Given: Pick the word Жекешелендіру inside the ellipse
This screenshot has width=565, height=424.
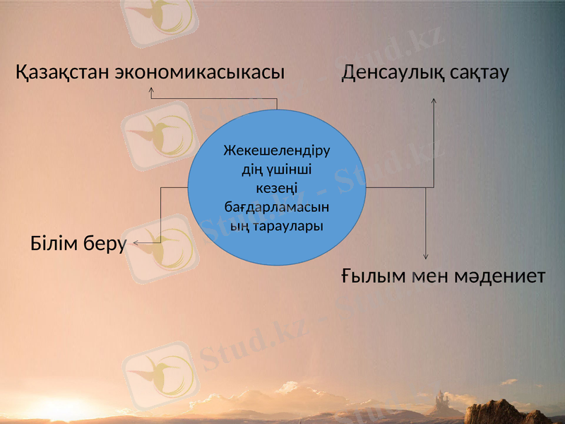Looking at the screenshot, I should pyautogui.click(x=277, y=151).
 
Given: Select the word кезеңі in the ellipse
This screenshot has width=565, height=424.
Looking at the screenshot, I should pyautogui.click(x=277, y=189).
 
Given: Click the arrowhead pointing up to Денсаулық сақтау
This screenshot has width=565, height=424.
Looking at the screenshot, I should pyautogui.click(x=433, y=100).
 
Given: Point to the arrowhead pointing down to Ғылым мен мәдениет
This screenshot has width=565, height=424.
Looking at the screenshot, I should pyautogui.click(x=426, y=258).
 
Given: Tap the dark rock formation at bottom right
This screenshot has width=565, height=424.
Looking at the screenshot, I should pyautogui.click(x=503, y=413).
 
